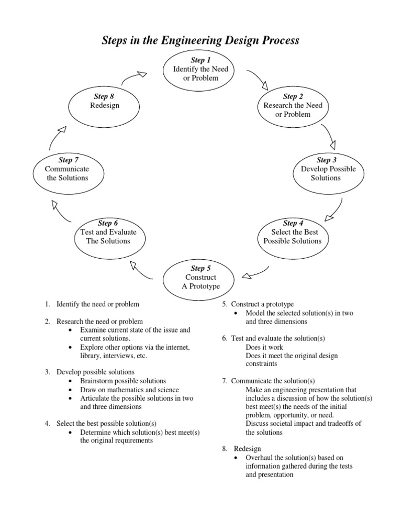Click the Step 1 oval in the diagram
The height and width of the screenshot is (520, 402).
click(x=197, y=69)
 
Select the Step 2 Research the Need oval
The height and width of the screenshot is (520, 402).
click(x=293, y=105)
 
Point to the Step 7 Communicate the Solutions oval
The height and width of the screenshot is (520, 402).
click(x=67, y=169)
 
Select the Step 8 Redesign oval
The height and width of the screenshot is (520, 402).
click(x=105, y=105)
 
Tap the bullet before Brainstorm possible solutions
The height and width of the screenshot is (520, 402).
click(x=71, y=381)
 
